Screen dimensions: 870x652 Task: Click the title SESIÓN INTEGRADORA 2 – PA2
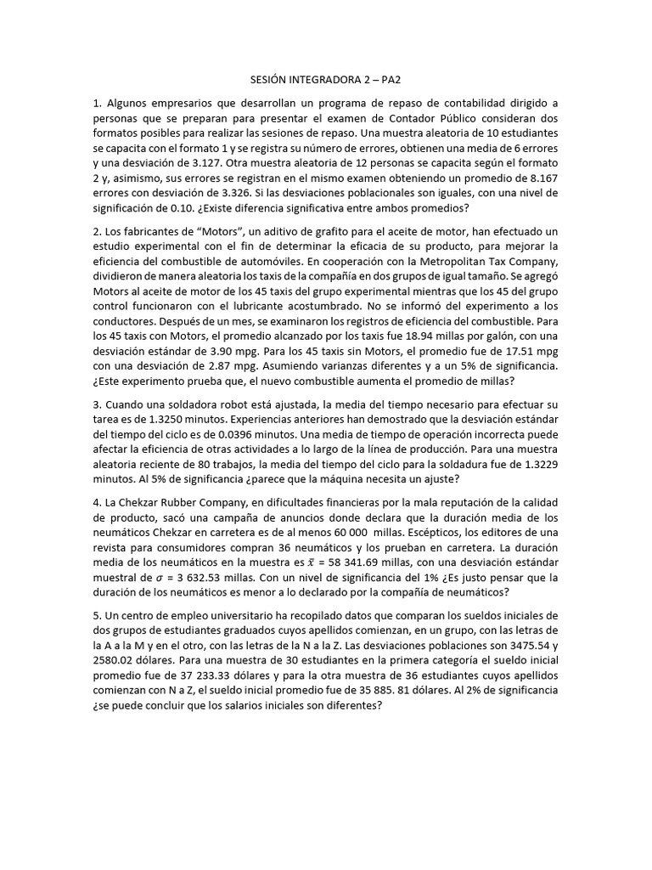pos(325,76)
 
